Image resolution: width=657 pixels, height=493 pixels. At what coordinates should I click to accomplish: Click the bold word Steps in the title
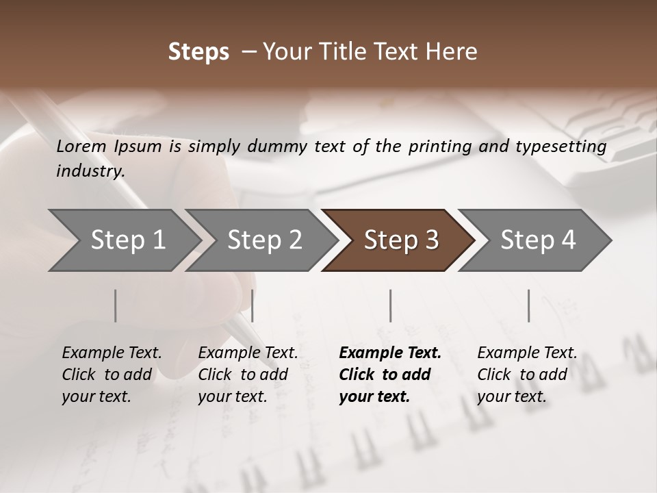pos(198,52)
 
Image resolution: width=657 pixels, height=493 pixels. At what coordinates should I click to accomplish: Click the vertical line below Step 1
pos(115,305)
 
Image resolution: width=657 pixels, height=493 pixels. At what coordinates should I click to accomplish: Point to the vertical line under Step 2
pos(253,305)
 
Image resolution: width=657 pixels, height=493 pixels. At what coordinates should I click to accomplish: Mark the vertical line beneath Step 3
pos(390,305)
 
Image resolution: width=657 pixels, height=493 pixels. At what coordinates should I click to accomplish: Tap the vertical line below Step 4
pos(528,305)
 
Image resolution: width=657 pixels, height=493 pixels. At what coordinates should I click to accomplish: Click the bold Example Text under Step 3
pos(390,374)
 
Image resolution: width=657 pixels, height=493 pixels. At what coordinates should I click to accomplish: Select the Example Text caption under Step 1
pos(112,374)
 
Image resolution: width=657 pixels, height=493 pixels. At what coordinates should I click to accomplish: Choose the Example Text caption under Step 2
pos(248,374)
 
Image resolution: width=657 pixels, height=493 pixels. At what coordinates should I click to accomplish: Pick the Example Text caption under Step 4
pos(527,374)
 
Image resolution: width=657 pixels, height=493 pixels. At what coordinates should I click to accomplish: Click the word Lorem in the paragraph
pos(81,146)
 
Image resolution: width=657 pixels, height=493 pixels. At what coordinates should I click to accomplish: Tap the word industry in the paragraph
pos(90,170)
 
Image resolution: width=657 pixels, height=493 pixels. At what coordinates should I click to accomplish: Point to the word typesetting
pos(565,147)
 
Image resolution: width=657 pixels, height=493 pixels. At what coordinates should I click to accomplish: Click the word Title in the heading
pos(368,52)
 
